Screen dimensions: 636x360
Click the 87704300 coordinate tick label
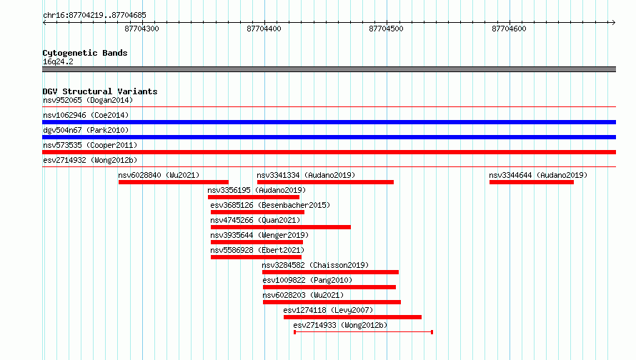click(x=141, y=29)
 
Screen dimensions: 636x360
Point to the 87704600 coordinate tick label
click(x=509, y=29)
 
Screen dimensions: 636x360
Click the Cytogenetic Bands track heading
click(x=85, y=53)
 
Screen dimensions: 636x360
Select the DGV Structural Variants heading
click(x=100, y=91)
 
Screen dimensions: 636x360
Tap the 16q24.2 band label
click(x=58, y=61)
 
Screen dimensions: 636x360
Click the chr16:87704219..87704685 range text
click(x=94, y=15)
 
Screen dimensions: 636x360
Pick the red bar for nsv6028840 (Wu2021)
click(x=174, y=182)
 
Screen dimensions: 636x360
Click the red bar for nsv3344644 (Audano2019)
click(x=532, y=182)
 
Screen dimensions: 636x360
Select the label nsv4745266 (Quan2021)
click(x=255, y=220)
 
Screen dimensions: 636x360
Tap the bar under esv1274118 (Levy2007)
click(x=352, y=317)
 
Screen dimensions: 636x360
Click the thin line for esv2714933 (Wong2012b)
click(x=364, y=332)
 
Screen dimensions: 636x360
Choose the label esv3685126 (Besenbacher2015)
click(x=270, y=205)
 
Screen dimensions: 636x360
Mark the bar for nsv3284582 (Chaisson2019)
click(x=331, y=272)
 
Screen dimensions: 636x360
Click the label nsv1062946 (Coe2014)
click(x=86, y=115)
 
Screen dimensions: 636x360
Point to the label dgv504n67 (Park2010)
click(x=86, y=130)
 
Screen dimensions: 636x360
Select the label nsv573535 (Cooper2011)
click(x=90, y=145)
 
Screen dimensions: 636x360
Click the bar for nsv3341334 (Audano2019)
click(x=325, y=182)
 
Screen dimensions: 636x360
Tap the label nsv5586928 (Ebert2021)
click(x=257, y=250)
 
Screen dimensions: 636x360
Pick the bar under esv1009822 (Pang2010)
click(x=329, y=287)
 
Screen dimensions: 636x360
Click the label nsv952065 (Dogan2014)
click(x=88, y=100)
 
